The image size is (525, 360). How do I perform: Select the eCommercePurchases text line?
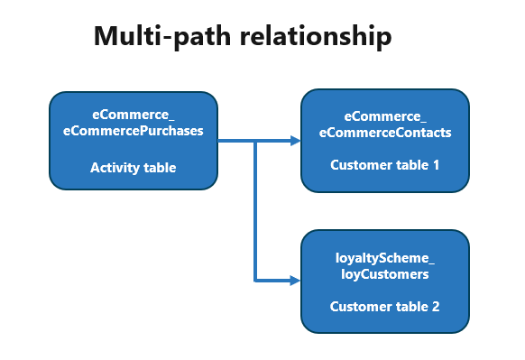134,131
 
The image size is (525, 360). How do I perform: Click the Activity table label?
134,167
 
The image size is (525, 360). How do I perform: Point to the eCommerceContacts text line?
385,132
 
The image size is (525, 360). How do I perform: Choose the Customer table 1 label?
385,165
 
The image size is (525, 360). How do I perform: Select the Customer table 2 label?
385,307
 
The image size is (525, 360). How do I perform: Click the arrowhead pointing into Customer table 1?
294,141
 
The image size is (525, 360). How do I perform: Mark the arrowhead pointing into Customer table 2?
294,281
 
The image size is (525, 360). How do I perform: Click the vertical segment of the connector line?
257,212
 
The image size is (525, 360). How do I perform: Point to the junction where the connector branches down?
257,141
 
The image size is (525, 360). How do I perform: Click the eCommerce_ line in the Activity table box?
134,115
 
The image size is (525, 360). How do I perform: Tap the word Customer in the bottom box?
358,307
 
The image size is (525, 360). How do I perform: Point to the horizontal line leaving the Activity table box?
236,141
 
